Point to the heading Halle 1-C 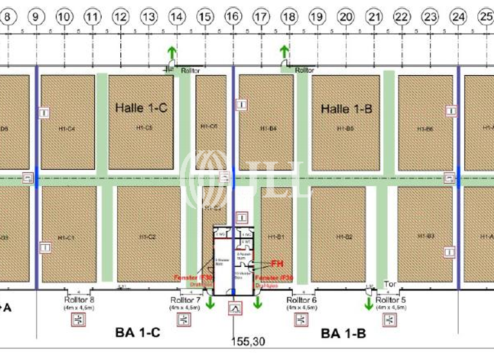click(141, 108)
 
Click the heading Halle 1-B click(346, 109)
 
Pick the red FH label click(277, 263)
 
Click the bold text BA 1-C click(137, 333)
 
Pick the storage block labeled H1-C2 click(148, 237)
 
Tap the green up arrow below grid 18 click(284, 51)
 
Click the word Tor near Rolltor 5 click(390, 283)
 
